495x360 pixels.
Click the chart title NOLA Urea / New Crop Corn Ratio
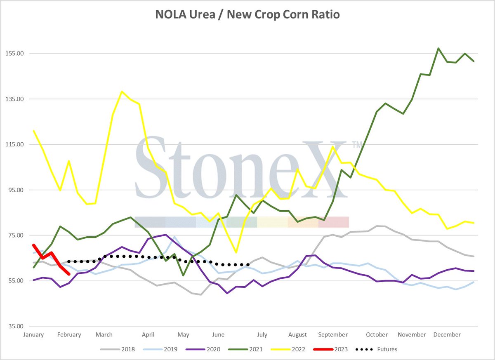pos(247,15)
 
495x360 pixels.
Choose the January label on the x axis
pos(34,334)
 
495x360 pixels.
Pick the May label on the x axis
pos(183,334)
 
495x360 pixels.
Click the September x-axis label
pos(333,334)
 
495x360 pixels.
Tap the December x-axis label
pos(447,334)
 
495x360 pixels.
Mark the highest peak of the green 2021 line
pos(438,48)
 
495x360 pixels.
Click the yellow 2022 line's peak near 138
pos(122,92)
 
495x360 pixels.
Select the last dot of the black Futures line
pos(248,265)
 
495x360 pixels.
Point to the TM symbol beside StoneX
pos(357,145)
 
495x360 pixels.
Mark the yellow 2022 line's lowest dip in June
pos(236,252)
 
